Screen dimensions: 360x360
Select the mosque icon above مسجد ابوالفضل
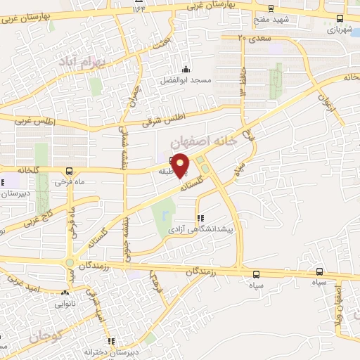[186, 69]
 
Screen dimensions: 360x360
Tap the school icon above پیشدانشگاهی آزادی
[201, 218]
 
